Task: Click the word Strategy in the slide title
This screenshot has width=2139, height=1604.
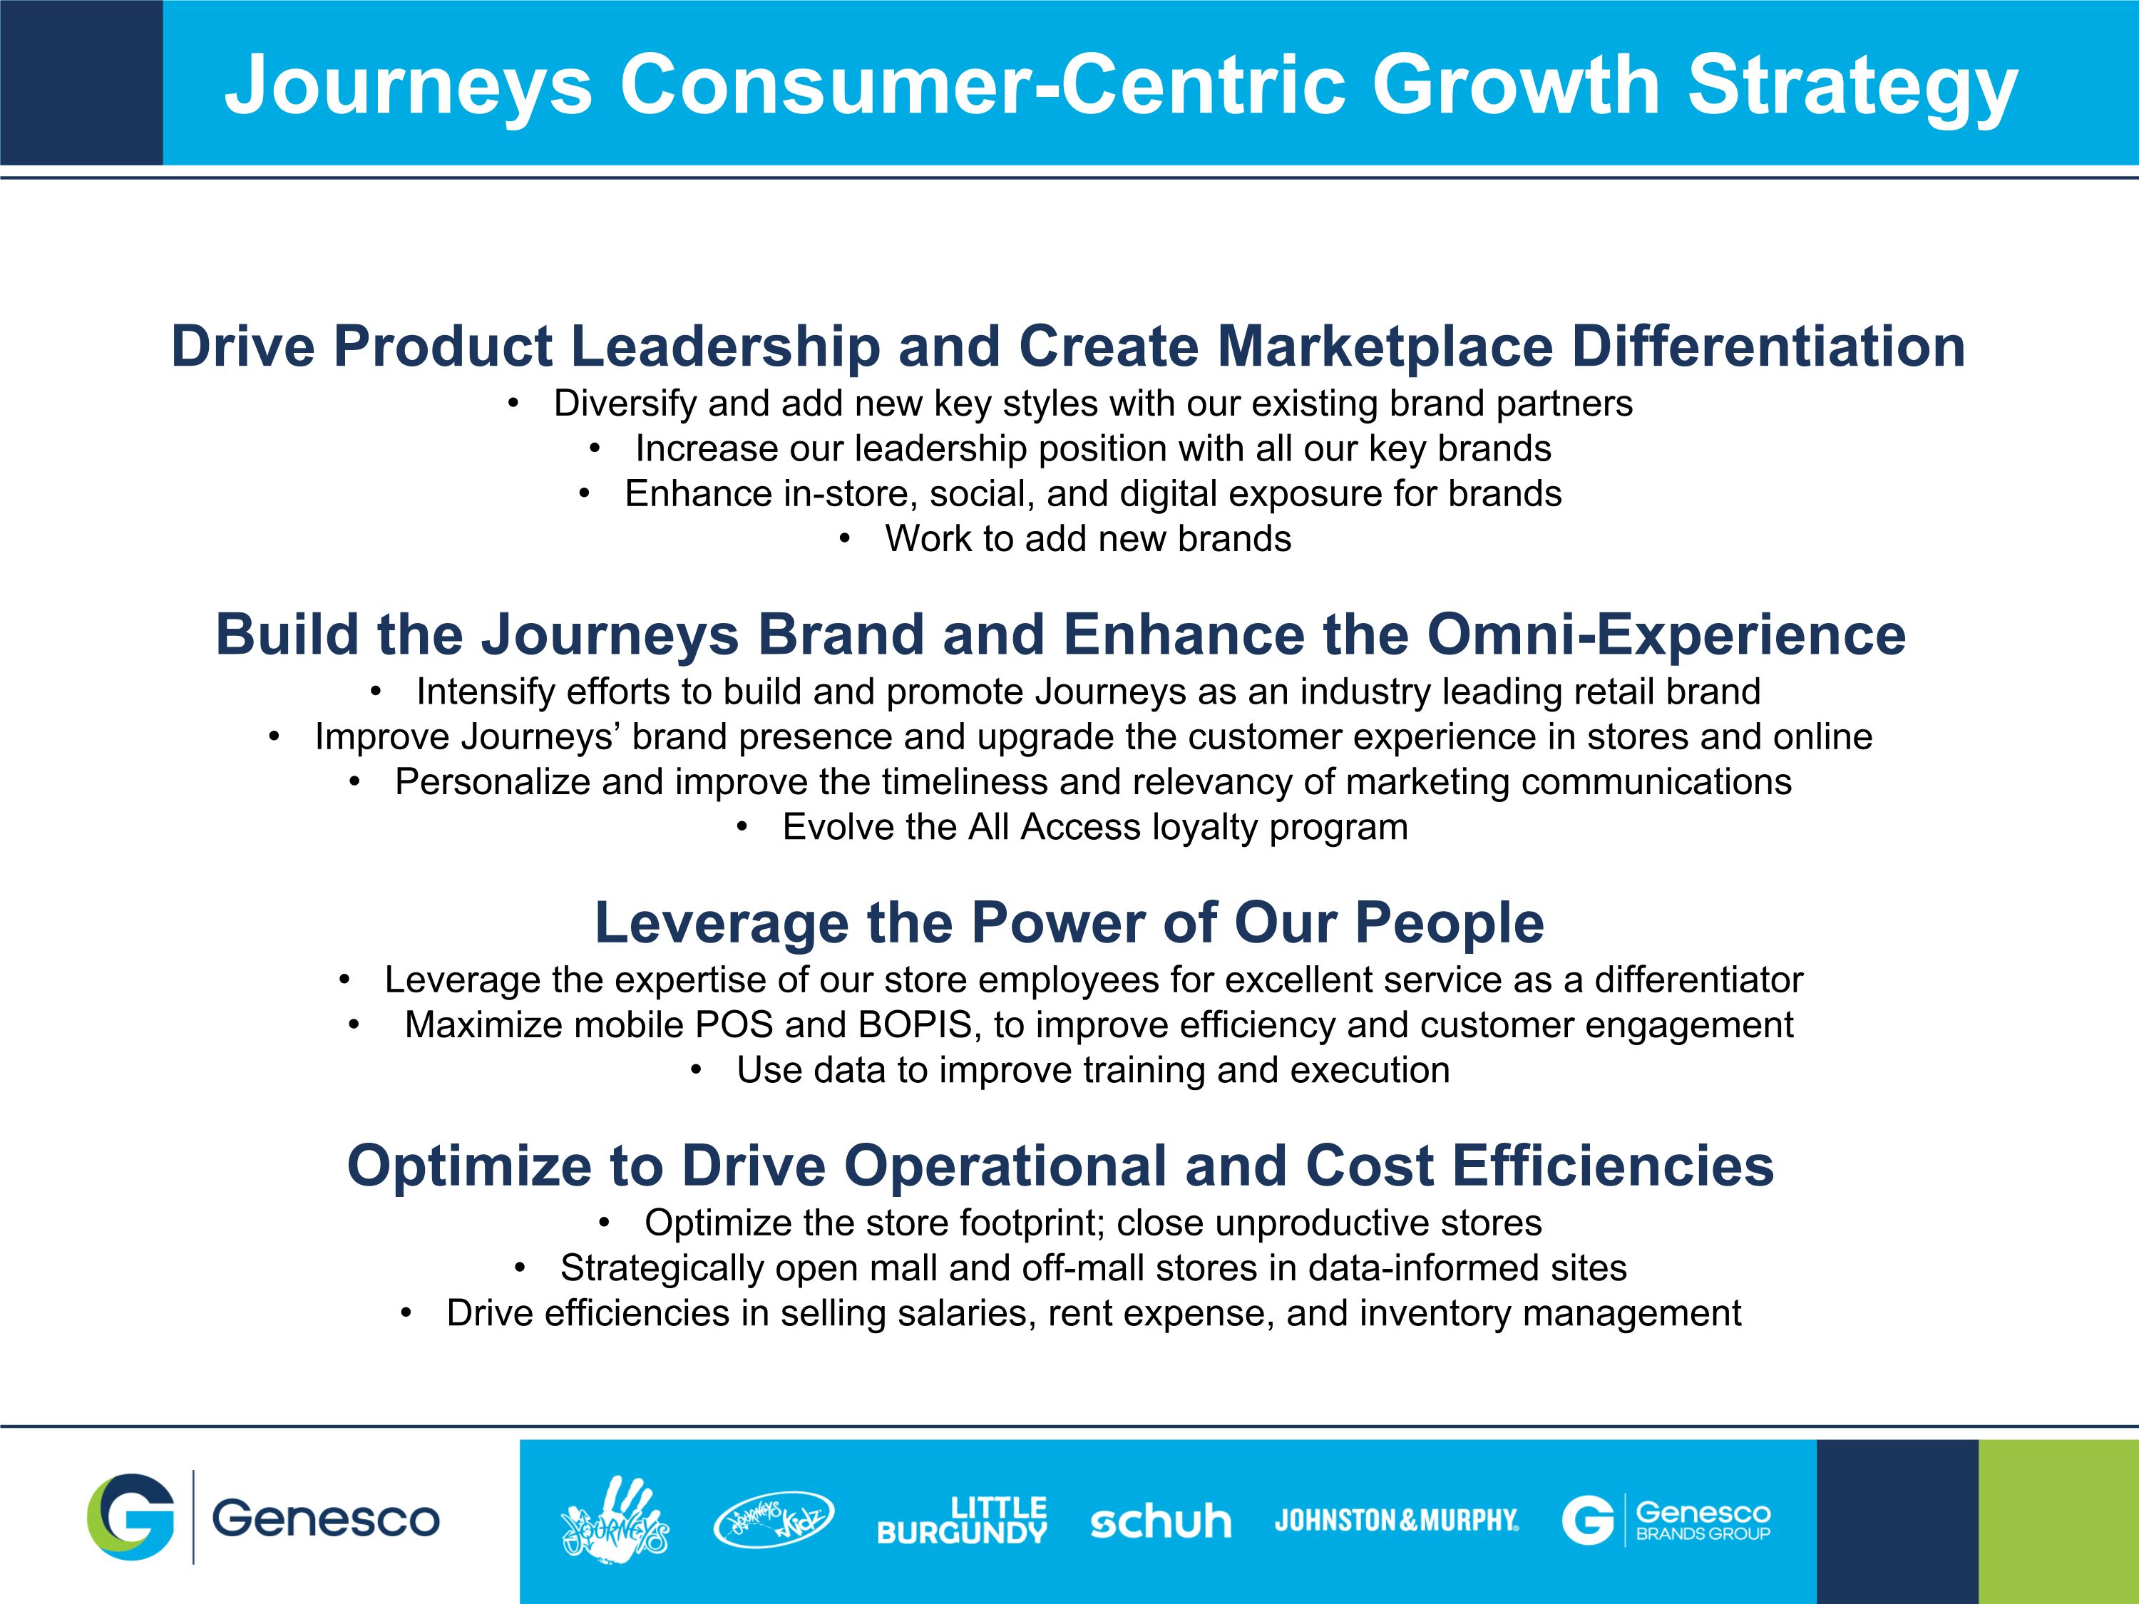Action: pyautogui.click(x=1853, y=88)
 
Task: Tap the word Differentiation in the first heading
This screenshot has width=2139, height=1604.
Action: pyautogui.click(x=1769, y=346)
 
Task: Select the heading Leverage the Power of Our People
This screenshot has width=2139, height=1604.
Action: pyautogui.click(x=1069, y=923)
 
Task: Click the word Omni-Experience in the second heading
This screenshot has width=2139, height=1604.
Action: pyautogui.click(x=1666, y=635)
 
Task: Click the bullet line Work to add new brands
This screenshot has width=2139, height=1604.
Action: pyautogui.click(x=1088, y=538)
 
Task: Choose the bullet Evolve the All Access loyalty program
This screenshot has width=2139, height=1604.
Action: pyautogui.click(x=1094, y=828)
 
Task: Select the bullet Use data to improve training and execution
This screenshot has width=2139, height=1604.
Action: pyautogui.click(x=1093, y=1070)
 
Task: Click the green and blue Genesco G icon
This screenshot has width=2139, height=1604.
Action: pyautogui.click(x=130, y=1517)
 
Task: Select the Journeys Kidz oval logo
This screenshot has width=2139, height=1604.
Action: pyautogui.click(x=773, y=1519)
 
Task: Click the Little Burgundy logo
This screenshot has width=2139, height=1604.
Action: pyautogui.click(x=962, y=1520)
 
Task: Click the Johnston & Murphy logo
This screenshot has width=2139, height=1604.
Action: pyautogui.click(x=1396, y=1521)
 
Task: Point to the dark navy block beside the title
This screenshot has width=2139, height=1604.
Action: pyautogui.click(x=81, y=82)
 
